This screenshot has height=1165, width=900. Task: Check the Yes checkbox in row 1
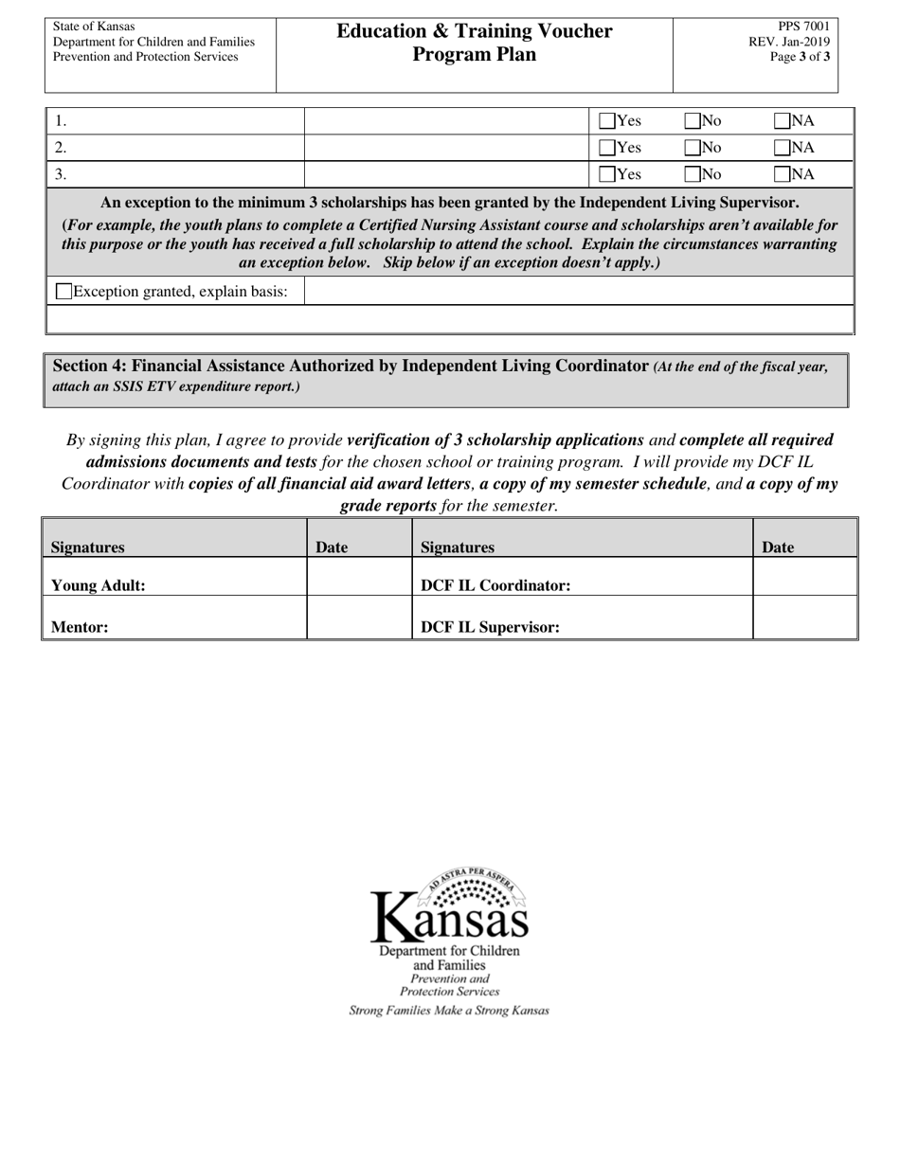tap(607, 121)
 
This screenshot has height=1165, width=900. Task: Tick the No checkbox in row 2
tap(693, 148)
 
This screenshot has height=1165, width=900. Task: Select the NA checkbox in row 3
tap(783, 174)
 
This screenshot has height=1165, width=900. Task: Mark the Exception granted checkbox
tap(64, 292)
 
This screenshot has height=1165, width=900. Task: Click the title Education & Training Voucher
tap(475, 31)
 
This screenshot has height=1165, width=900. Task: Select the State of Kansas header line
tap(94, 27)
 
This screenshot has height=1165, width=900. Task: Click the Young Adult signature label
tap(98, 585)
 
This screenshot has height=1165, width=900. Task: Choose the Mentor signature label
tap(80, 627)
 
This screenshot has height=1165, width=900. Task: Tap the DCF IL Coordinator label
tap(495, 585)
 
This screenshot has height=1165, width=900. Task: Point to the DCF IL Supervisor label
tap(490, 627)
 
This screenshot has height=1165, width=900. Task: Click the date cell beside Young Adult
tap(359, 577)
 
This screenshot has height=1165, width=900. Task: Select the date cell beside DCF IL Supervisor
tap(804, 618)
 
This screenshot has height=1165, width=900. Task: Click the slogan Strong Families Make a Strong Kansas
tap(449, 1011)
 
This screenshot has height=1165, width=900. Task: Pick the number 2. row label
tap(61, 148)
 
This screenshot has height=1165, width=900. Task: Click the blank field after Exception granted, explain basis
tap(578, 291)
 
